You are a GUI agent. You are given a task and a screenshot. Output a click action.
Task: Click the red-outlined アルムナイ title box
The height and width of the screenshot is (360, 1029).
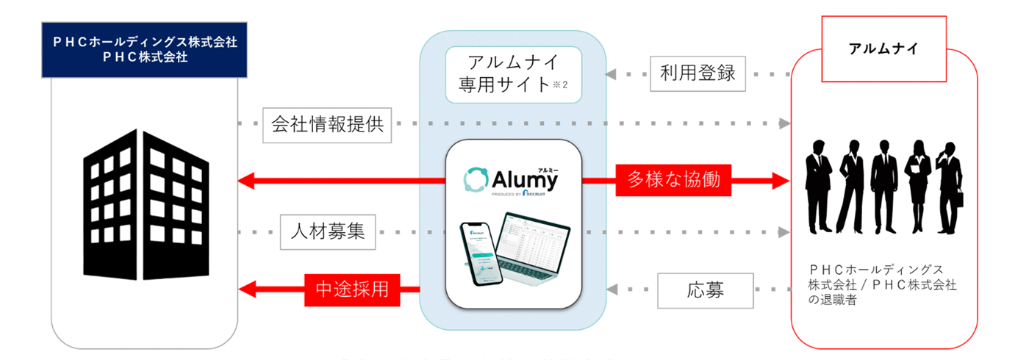tap(884, 50)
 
